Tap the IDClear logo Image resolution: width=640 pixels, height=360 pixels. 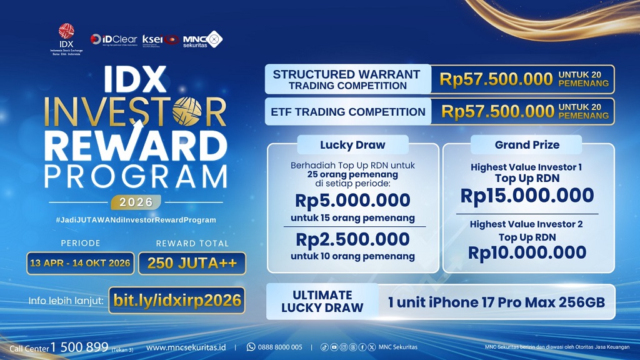pyautogui.click(x=113, y=39)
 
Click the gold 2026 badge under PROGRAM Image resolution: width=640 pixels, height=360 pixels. pyautogui.click(x=136, y=202)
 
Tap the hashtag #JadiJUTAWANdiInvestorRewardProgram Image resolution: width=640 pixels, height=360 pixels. pyautogui.click(x=136, y=220)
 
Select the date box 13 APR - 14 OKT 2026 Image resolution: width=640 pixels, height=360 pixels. pyautogui.click(x=79, y=262)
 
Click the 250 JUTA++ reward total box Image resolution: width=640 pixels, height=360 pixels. pyautogui.click(x=192, y=263)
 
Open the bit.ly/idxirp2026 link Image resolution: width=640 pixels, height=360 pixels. pyautogui.click(x=177, y=300)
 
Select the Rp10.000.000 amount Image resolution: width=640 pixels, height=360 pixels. pyautogui.click(x=527, y=252)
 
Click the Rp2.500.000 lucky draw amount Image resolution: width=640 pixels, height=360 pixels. pyautogui.click(x=353, y=239)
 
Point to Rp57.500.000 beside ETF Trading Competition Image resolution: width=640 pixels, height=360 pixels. pyautogui.click(x=498, y=111)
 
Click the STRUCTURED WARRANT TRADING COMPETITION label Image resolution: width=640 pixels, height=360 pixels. pyautogui.click(x=346, y=79)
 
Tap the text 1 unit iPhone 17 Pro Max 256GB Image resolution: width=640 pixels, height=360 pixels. pyautogui.click(x=497, y=303)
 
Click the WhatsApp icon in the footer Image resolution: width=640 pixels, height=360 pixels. pyautogui.click(x=251, y=347)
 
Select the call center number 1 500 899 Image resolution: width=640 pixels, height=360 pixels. pyautogui.click(x=79, y=347)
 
